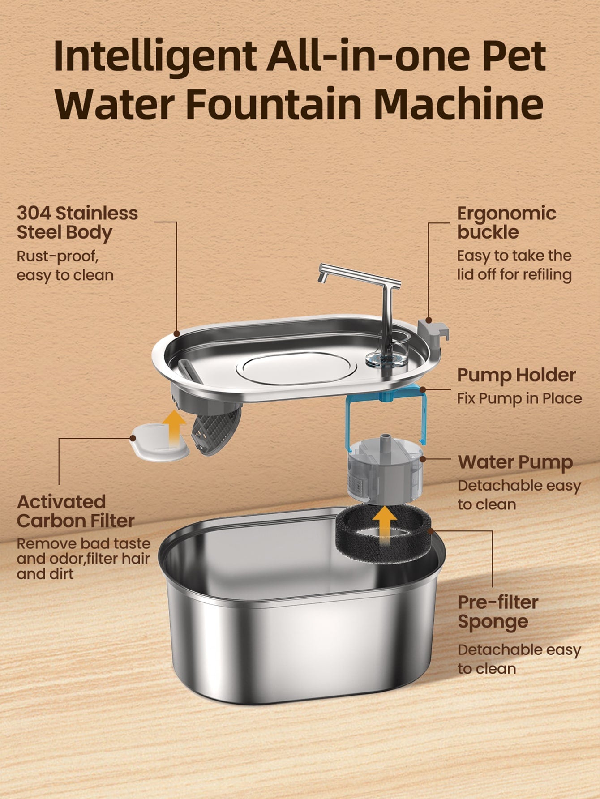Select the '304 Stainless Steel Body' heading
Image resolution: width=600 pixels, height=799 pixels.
(77, 223)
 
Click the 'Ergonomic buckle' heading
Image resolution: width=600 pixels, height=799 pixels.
(506, 223)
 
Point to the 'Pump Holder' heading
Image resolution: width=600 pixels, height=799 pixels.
(516, 375)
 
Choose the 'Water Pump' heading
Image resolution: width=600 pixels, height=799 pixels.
(515, 463)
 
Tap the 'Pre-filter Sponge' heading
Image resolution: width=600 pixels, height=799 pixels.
(497, 612)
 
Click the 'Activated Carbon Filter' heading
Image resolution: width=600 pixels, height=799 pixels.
(76, 511)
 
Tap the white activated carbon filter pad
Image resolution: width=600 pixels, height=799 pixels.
(160, 443)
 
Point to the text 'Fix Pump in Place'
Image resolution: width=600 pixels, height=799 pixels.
(519, 398)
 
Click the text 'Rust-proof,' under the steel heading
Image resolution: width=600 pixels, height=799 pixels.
(57, 257)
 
